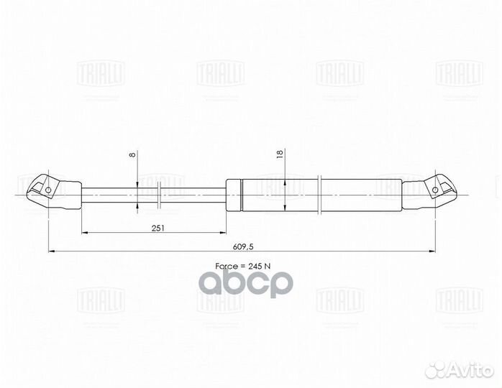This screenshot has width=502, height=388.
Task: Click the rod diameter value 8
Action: (x=131, y=154)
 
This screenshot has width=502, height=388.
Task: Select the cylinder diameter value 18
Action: (x=279, y=154)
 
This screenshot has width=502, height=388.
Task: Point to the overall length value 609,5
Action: (x=244, y=246)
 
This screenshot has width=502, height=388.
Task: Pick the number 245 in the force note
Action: (x=254, y=266)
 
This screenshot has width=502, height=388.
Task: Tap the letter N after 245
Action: (x=269, y=266)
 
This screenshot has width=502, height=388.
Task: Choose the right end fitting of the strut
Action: (x=430, y=190)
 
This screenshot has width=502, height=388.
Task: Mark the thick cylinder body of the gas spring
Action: (x=316, y=194)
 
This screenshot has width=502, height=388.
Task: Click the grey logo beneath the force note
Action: (x=245, y=283)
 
